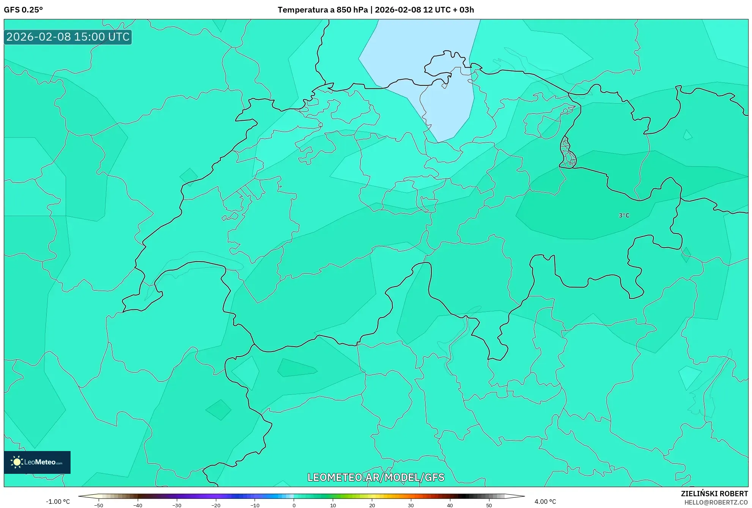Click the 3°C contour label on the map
624,215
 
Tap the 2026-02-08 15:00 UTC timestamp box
68,37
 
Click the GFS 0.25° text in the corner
23,10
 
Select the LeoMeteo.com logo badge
37,462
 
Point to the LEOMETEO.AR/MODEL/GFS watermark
376,477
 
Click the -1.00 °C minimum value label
58,502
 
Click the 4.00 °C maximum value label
545,502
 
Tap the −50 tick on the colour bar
99,505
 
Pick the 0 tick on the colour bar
294,505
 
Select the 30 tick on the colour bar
411,505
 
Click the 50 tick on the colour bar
489,505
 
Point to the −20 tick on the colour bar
216,505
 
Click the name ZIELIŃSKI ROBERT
714,494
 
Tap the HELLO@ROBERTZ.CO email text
716,502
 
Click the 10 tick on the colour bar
333,505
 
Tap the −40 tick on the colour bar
138,505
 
